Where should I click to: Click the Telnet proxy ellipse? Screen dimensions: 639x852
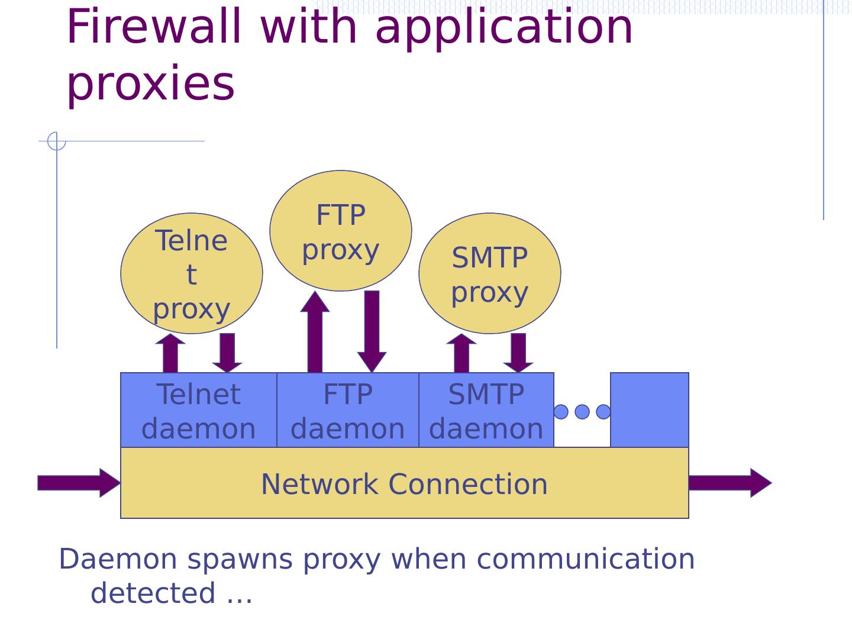coord(191,273)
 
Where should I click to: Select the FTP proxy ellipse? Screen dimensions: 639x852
coord(340,231)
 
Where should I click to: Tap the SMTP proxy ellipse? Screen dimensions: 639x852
coord(489,273)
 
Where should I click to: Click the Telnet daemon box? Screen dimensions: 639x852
coord(199,411)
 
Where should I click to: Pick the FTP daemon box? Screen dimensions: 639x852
coord(348,411)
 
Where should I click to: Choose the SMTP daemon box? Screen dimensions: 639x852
coord(486,411)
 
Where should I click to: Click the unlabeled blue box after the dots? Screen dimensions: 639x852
coord(649,410)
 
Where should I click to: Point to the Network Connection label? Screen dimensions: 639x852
coord(404,484)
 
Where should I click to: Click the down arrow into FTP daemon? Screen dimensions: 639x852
coord(372,331)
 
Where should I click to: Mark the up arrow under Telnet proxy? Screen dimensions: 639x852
coord(170,353)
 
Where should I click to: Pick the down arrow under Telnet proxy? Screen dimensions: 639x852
coord(227,353)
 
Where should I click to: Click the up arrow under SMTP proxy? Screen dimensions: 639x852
coord(461,353)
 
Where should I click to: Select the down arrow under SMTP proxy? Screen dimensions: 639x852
coord(518,353)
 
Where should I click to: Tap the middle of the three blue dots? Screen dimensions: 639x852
coord(582,412)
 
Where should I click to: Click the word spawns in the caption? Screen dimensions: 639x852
coord(240,559)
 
